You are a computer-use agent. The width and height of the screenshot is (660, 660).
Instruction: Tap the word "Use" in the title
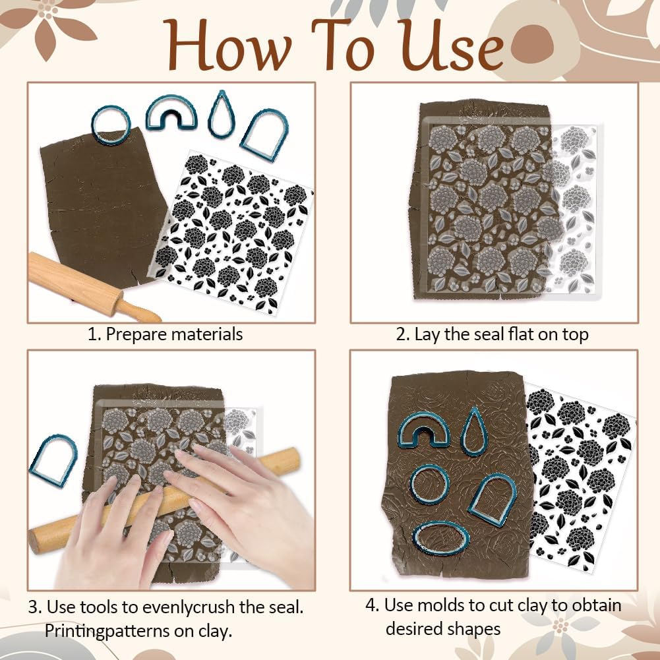pos(452,45)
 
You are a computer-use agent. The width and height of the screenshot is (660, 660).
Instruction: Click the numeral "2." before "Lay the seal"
pos(403,335)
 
